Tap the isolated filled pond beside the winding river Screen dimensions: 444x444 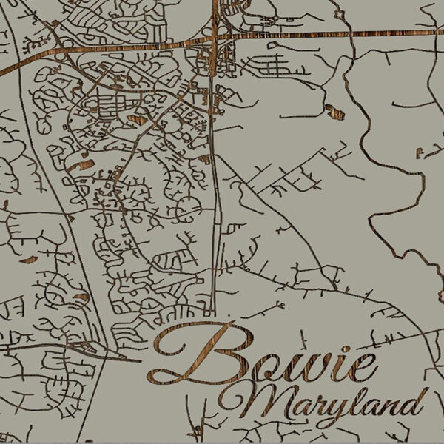pyautogui.click(x=334, y=112)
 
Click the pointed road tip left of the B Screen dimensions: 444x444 pyautogui.click(x=139, y=361)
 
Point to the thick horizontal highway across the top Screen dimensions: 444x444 pyautogui.click(x=296, y=34)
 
